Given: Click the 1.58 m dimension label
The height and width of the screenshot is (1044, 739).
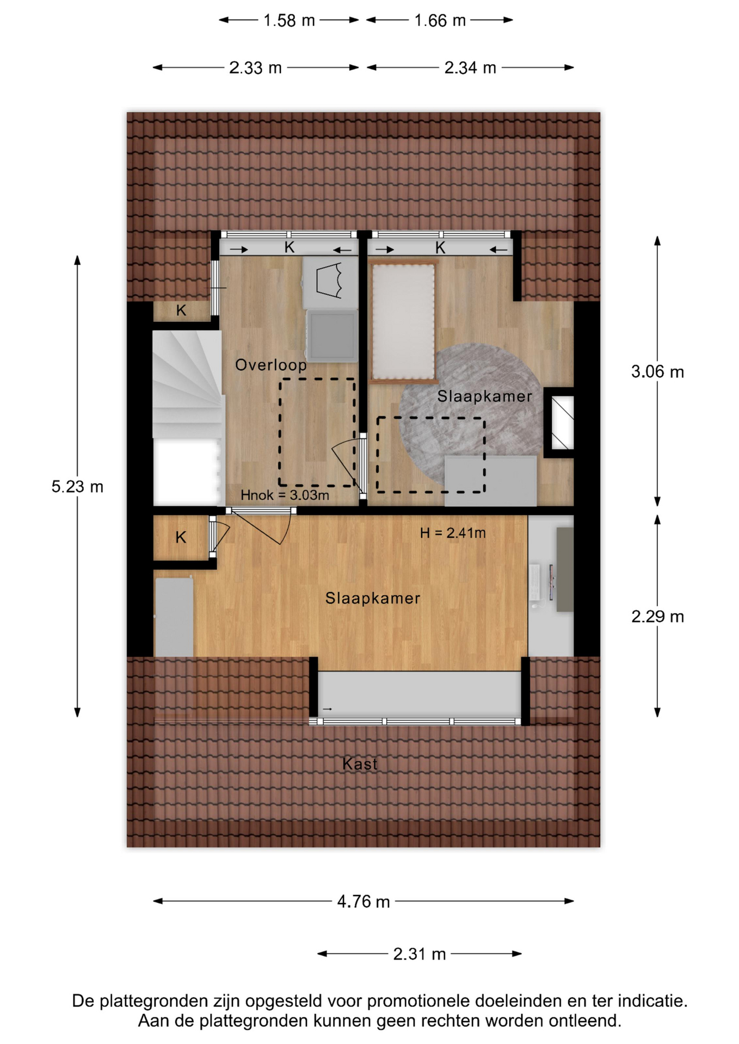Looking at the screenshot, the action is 289,21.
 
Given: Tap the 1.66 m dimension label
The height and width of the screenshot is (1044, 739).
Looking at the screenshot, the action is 440,21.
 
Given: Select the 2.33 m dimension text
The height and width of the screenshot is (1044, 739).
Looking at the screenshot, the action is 255,68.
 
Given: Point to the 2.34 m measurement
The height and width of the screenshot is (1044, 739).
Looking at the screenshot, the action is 470,68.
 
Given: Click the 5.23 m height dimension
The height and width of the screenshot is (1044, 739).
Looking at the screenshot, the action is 77,487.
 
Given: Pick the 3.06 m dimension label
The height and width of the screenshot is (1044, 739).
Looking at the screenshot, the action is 657,372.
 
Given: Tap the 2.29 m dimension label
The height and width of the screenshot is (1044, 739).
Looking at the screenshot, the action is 657,617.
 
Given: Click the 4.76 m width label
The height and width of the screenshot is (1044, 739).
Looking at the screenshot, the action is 364,902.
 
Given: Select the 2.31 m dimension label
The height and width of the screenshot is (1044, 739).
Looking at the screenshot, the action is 420,954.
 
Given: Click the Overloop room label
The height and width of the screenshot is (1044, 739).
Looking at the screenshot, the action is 271,365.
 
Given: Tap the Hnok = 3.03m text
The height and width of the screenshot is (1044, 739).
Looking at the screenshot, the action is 285,495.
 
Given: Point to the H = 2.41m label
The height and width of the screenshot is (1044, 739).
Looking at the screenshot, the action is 453,533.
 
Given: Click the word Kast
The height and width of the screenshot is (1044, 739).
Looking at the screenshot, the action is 360,764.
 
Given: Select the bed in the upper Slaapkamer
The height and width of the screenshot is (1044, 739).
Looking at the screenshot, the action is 403,321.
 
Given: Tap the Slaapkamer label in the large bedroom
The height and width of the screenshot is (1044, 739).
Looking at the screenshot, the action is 373,599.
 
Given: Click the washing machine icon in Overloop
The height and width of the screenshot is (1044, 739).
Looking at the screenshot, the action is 332,335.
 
